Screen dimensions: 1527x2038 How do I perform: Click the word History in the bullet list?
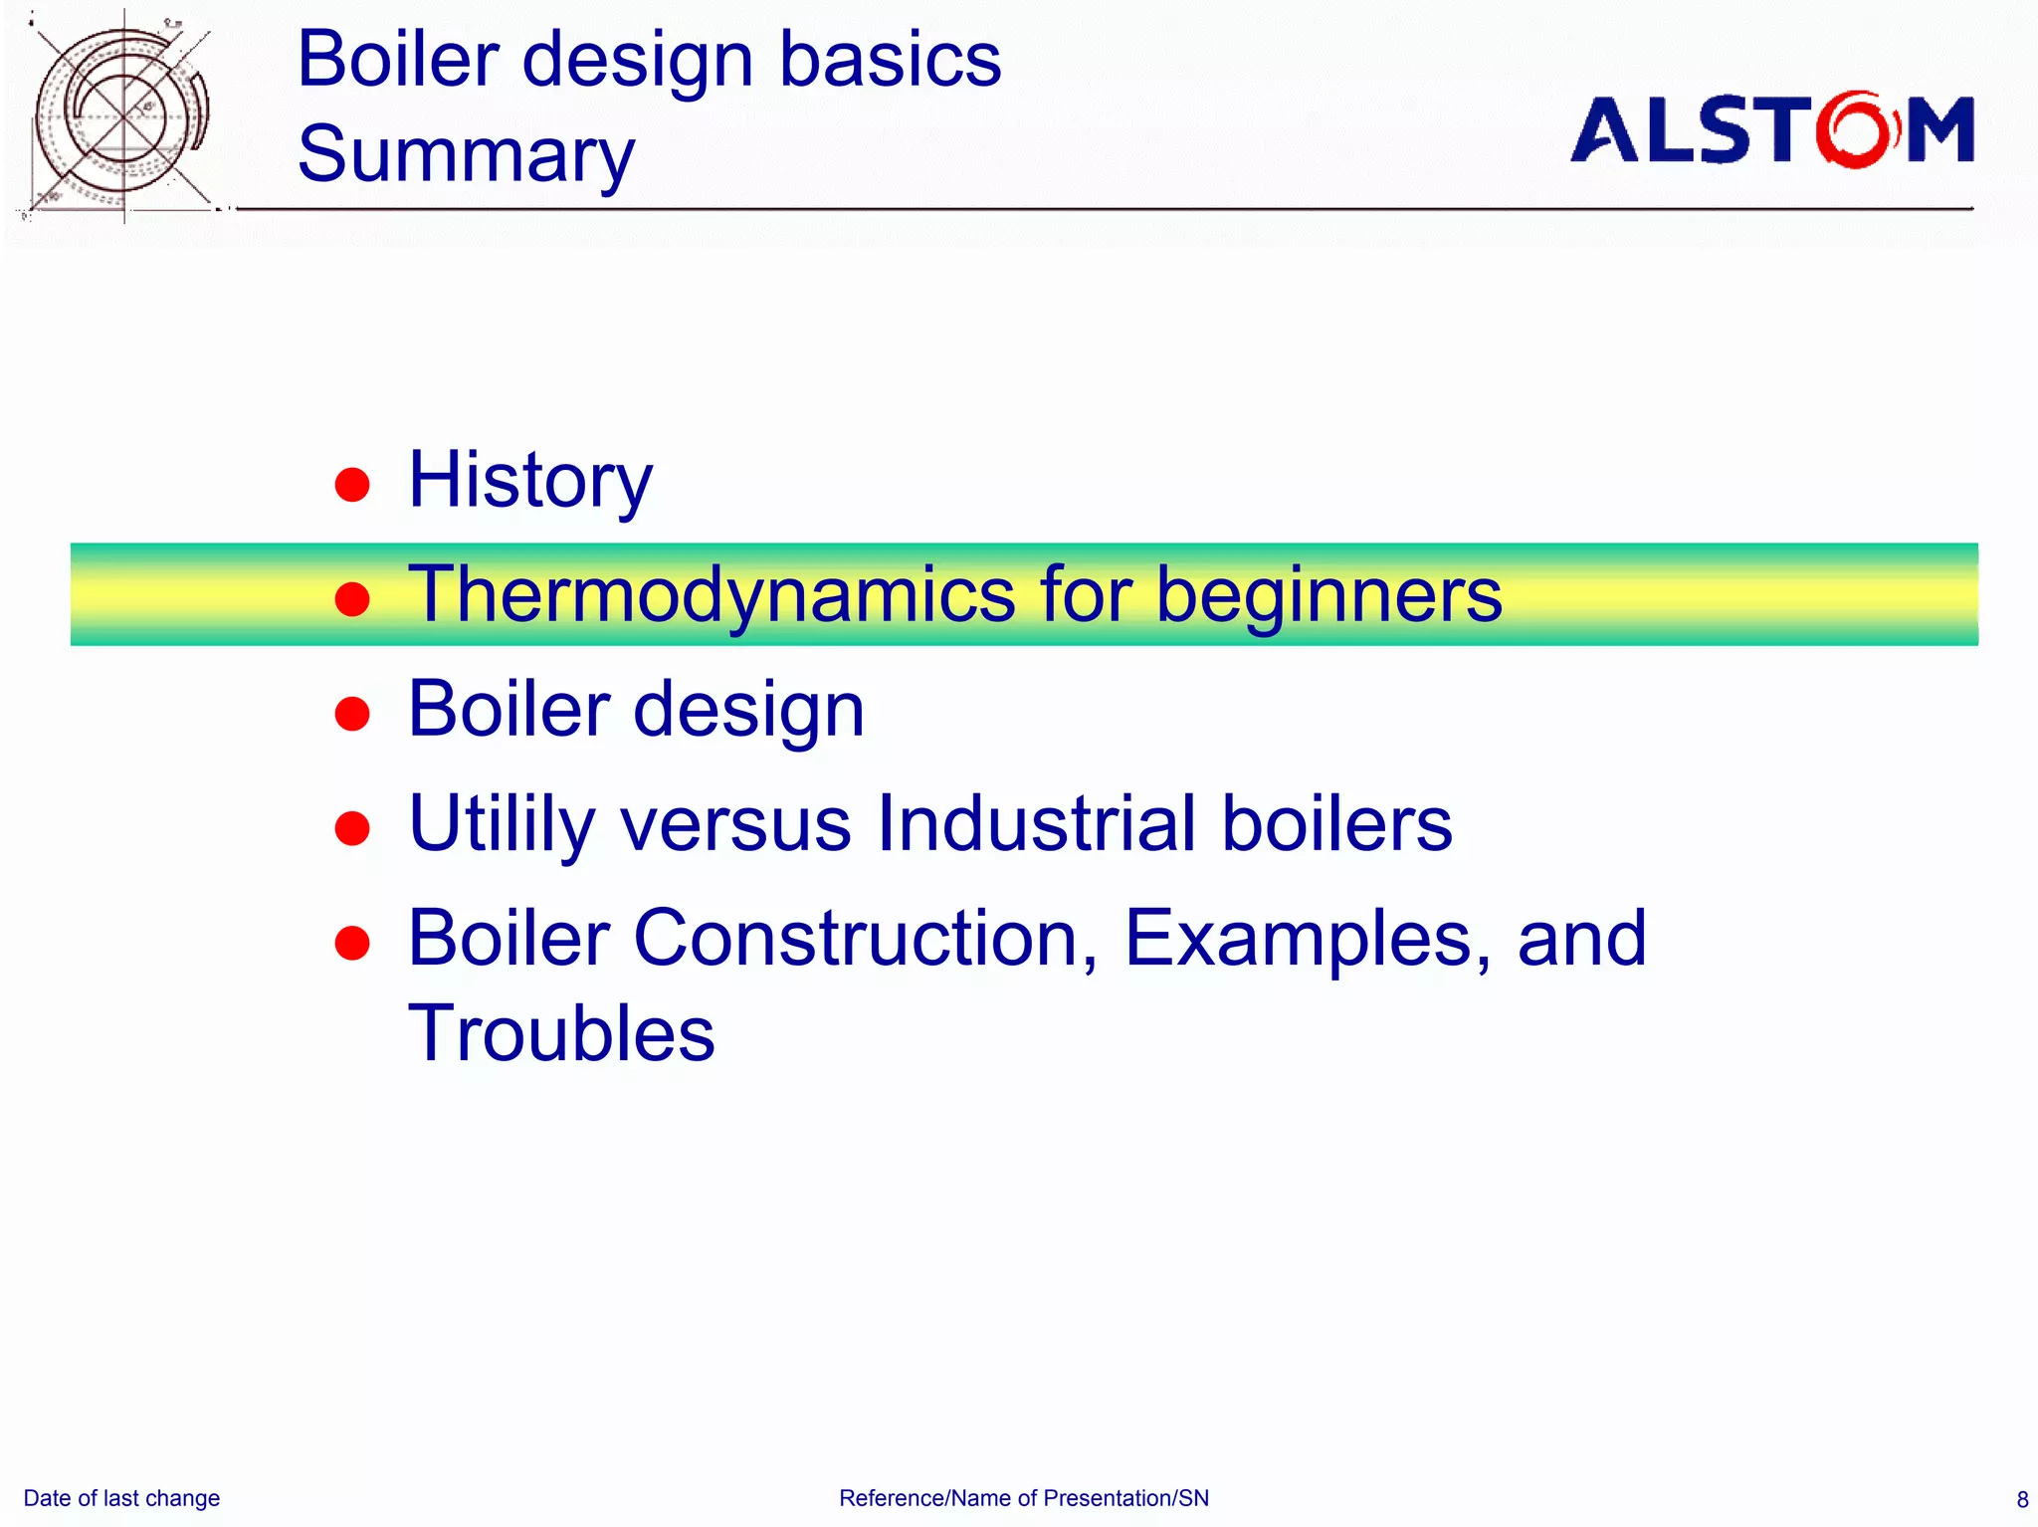coord(529,481)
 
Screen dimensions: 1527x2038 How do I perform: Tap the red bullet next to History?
coord(352,485)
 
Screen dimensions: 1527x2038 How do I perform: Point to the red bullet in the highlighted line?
coord(352,599)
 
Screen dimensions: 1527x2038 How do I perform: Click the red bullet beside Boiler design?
coord(352,714)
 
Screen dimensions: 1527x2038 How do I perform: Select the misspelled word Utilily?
coord(502,824)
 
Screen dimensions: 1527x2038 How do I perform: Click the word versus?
coord(735,824)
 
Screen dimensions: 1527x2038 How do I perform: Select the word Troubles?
coord(561,1033)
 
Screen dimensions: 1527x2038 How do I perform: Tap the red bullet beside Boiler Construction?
coord(352,943)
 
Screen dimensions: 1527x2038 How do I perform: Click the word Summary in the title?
coord(466,155)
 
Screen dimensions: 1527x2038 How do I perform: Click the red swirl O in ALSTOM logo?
coord(1855,129)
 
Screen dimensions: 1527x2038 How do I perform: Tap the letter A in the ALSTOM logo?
coord(1604,130)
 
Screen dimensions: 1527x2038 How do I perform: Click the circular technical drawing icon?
coord(121,115)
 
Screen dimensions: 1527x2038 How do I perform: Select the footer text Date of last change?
coord(121,1498)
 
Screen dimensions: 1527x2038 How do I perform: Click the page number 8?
coord(2021,1499)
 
